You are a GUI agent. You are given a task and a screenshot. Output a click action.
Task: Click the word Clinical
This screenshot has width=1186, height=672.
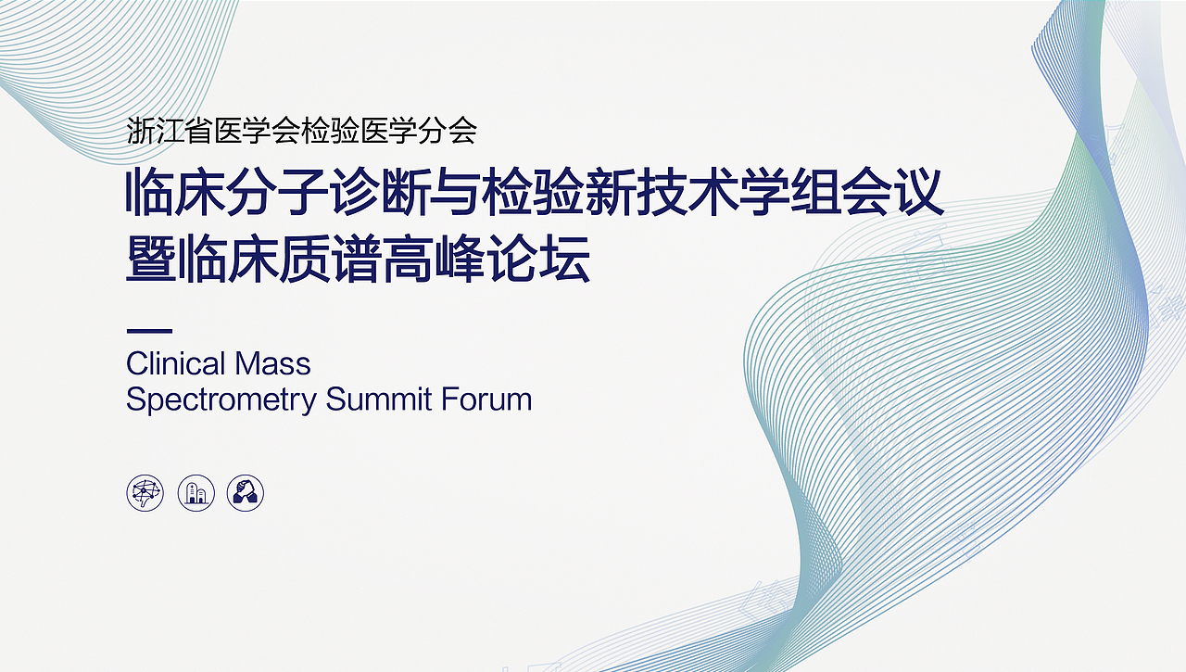click(176, 363)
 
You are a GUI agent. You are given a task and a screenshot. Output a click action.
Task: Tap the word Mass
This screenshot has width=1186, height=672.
click(272, 363)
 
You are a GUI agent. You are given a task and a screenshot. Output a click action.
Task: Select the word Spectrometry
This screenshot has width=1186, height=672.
click(221, 400)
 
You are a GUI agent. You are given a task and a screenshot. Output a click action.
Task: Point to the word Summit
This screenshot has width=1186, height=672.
click(379, 399)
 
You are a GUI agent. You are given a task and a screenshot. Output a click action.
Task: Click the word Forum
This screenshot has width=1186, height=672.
click(486, 399)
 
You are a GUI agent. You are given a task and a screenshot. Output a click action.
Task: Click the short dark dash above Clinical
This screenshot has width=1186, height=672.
click(149, 331)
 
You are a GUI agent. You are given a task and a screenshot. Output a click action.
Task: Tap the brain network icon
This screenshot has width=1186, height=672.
click(145, 492)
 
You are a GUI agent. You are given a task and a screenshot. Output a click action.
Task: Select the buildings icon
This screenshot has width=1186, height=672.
click(196, 492)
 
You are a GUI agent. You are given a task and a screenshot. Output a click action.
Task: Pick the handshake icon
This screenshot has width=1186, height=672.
click(246, 492)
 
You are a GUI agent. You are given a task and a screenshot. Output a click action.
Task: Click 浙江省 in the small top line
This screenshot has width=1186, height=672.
click(170, 131)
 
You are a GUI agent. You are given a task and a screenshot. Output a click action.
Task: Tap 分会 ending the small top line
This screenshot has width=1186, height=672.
click(448, 131)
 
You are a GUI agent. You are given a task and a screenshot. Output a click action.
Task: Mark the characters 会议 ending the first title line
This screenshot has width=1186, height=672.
click(892, 192)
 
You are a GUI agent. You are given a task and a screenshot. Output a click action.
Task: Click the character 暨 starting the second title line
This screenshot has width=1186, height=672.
click(151, 259)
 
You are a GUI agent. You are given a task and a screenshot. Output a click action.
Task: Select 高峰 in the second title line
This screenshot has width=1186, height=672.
click(432, 259)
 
